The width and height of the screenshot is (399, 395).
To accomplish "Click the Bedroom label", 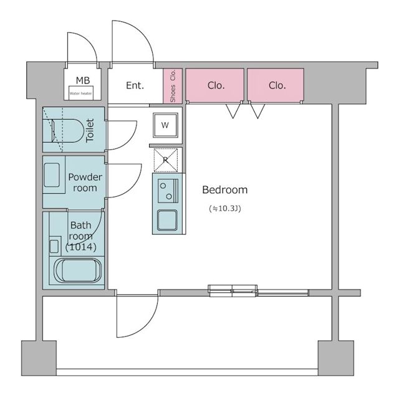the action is [x=224, y=190].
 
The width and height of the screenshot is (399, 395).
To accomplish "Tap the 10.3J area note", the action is [x=225, y=209].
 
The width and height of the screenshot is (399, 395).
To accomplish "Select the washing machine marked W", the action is [x=165, y=125].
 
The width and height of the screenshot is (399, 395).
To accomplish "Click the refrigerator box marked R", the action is [x=166, y=160].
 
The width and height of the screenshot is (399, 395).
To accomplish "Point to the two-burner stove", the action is [x=168, y=191].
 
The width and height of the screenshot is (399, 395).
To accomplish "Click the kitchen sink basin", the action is [x=167, y=220].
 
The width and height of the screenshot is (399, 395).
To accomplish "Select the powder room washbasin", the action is [x=52, y=175].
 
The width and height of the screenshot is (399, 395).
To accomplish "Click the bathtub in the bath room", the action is [x=77, y=270].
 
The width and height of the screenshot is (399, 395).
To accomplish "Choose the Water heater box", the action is [x=81, y=93].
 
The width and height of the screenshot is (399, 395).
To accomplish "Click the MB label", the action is [x=83, y=80].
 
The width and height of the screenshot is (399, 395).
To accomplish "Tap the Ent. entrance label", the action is [x=135, y=85].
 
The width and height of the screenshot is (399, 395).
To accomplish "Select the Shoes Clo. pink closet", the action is [x=173, y=86].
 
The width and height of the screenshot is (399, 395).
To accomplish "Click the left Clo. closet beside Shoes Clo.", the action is [x=214, y=85].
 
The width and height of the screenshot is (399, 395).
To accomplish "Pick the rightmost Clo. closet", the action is [x=276, y=85].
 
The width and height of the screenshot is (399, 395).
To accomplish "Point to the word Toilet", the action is [x=90, y=130].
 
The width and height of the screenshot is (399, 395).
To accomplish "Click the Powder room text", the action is [x=85, y=183].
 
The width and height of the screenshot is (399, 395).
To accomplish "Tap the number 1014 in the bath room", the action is [x=81, y=247].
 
